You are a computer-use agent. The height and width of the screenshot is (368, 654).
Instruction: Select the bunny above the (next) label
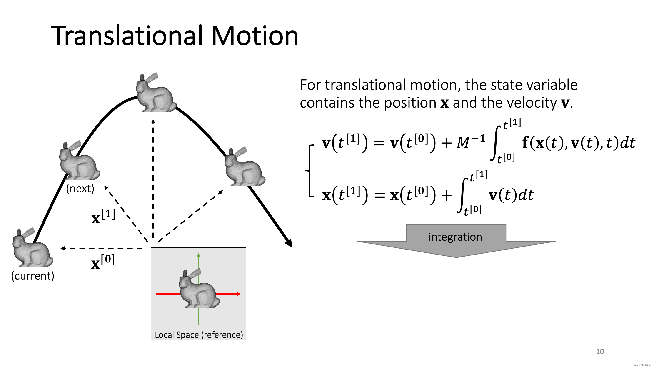click(x=79, y=161)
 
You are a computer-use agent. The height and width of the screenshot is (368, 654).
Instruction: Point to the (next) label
click(x=80, y=189)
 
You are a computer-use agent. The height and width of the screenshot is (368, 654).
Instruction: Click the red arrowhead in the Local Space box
click(x=239, y=294)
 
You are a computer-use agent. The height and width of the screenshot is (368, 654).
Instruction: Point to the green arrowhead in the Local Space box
click(x=199, y=255)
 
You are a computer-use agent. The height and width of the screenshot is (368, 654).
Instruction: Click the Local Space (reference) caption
click(x=199, y=335)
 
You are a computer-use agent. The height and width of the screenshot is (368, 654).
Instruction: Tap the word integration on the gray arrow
click(x=455, y=237)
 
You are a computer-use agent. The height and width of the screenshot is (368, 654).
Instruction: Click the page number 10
click(x=600, y=351)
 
